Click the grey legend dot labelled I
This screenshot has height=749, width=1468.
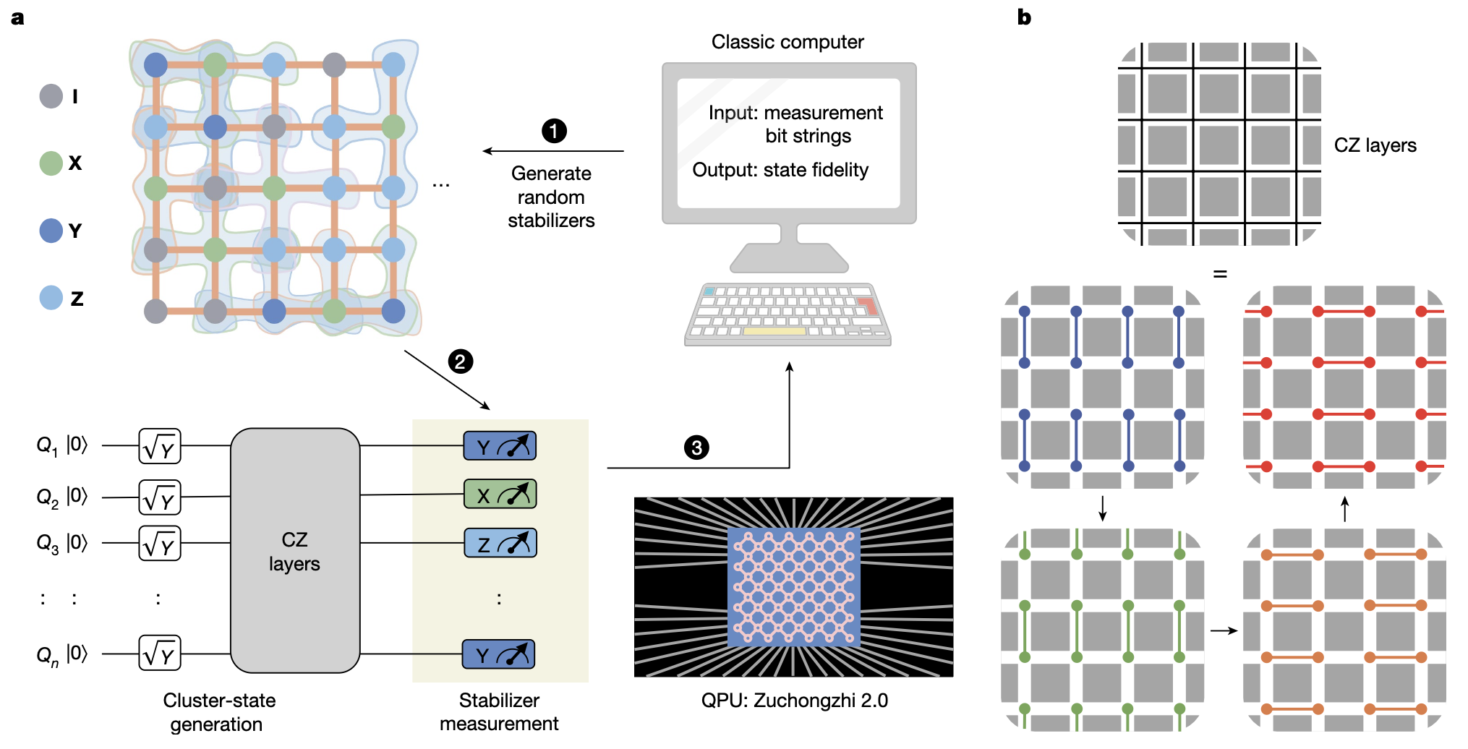pyautogui.click(x=51, y=96)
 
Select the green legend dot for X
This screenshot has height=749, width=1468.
pyautogui.click(x=51, y=163)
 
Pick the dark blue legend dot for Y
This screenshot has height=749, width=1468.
pyautogui.click(x=51, y=231)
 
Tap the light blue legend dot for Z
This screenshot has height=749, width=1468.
pyautogui.click(x=51, y=298)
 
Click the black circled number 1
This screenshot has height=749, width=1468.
pyautogui.click(x=554, y=131)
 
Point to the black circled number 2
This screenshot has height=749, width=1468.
pyautogui.click(x=460, y=361)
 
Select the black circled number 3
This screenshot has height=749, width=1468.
pyautogui.click(x=696, y=448)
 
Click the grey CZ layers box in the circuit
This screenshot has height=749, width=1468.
pyautogui.click(x=295, y=551)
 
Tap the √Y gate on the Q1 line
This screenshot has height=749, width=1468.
pyautogui.click(x=160, y=446)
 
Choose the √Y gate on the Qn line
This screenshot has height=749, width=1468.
pyautogui.click(x=160, y=654)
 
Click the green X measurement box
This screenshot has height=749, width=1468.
pyautogui.click(x=500, y=495)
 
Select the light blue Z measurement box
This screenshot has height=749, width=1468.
pyautogui.click(x=500, y=544)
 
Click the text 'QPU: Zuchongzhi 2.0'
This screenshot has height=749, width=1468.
pyautogui.click(x=794, y=700)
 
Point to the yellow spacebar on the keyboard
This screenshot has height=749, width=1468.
pyautogui.click(x=774, y=331)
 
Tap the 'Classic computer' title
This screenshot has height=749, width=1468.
pyautogui.click(x=788, y=42)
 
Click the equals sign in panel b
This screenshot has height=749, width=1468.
pyautogui.click(x=1220, y=274)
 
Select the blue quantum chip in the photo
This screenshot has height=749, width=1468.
pyautogui.click(x=794, y=586)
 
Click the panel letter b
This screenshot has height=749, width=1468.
pyautogui.click(x=1024, y=17)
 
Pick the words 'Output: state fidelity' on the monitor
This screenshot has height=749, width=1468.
pyautogui.click(x=780, y=170)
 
